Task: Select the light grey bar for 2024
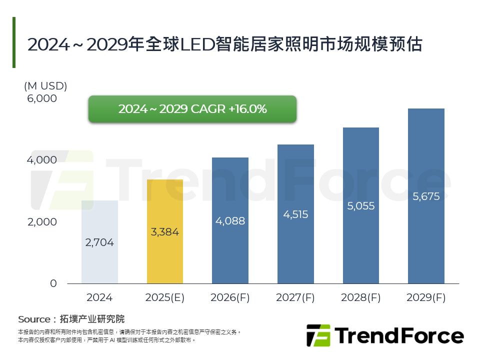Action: point(99,242)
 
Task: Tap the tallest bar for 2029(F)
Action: point(426,196)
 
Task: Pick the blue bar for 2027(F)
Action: point(295,214)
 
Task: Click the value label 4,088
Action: point(230,220)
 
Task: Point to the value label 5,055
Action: point(360,206)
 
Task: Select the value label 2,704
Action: point(99,243)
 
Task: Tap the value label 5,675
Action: point(426,196)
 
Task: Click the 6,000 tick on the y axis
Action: point(42,99)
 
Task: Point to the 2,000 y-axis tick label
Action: point(42,222)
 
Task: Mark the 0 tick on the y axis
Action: point(53,283)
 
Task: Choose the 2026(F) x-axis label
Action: point(230,297)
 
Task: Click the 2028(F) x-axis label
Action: point(360,297)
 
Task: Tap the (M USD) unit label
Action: point(45,85)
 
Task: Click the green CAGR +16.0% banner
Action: point(192,109)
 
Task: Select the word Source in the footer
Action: point(34,319)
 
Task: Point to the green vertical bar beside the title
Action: point(14,42)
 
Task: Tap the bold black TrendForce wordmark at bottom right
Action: point(399,335)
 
